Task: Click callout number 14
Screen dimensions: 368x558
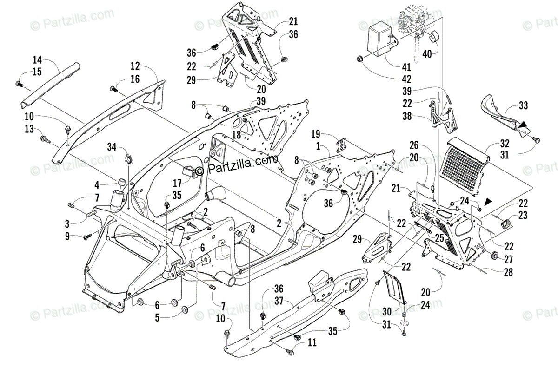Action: click(37, 59)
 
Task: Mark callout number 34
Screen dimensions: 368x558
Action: click(112, 147)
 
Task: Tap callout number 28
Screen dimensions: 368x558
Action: click(508, 273)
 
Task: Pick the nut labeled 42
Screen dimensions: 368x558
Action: click(360, 59)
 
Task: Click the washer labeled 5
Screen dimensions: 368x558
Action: click(183, 309)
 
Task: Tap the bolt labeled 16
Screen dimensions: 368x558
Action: click(113, 89)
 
